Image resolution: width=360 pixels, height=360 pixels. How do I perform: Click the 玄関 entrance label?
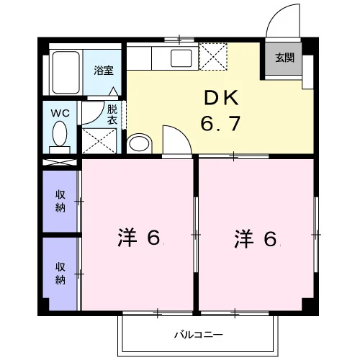284,58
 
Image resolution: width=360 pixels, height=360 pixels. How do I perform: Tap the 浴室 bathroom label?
104,71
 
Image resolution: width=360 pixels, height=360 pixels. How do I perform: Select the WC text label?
60,113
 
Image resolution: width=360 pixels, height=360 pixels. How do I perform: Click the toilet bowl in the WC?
60,133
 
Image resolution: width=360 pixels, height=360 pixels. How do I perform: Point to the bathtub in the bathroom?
66,72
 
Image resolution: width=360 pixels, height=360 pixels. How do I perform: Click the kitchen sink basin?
181,58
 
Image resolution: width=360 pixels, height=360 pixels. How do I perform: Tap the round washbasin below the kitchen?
139,143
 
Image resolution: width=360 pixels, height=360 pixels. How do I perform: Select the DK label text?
221,98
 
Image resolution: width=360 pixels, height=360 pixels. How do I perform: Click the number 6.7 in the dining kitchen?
220,123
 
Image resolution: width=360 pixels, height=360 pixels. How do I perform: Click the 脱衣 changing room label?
112,114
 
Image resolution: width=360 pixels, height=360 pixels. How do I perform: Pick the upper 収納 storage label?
60,201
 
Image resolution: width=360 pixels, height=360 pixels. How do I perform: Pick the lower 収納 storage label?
60,274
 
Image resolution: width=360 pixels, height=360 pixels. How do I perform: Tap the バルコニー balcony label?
199,335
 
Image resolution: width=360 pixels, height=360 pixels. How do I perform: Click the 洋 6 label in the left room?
139,238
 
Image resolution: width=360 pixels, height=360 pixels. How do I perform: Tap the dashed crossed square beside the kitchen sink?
213,57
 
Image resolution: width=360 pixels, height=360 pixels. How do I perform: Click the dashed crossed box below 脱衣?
99,141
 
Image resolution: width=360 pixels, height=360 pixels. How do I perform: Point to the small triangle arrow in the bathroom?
113,91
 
